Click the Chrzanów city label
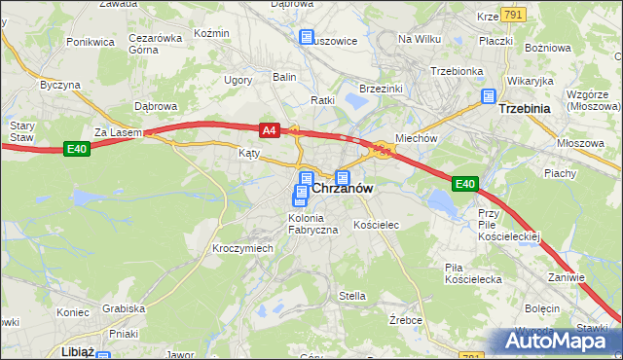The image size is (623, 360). point(343,190)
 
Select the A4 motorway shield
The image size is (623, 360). point(271,129)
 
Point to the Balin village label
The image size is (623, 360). point(284,76)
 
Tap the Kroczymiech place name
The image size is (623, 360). point(242,248)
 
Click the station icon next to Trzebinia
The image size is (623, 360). point(489,97)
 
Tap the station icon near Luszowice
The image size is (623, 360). point(307,38)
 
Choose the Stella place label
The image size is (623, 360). point(351,296)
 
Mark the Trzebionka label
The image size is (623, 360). point(457,71)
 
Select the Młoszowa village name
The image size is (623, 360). point(575,142)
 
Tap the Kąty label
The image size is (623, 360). point(250,153)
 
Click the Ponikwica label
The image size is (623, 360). point(90,43)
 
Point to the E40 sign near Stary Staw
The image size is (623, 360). point(78,148)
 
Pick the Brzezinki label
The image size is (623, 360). point(381,88)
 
